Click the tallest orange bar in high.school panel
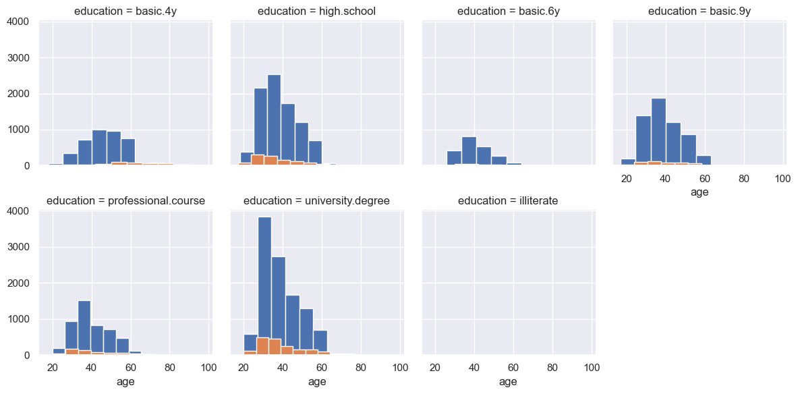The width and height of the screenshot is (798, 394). (x=258, y=160)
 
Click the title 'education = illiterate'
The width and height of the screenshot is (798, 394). (x=508, y=200)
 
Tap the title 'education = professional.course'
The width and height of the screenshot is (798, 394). (x=125, y=200)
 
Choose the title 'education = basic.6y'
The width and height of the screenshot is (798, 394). (x=509, y=11)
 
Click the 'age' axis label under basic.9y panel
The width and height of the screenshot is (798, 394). (x=700, y=192)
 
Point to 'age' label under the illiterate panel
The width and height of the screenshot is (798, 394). (x=508, y=382)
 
